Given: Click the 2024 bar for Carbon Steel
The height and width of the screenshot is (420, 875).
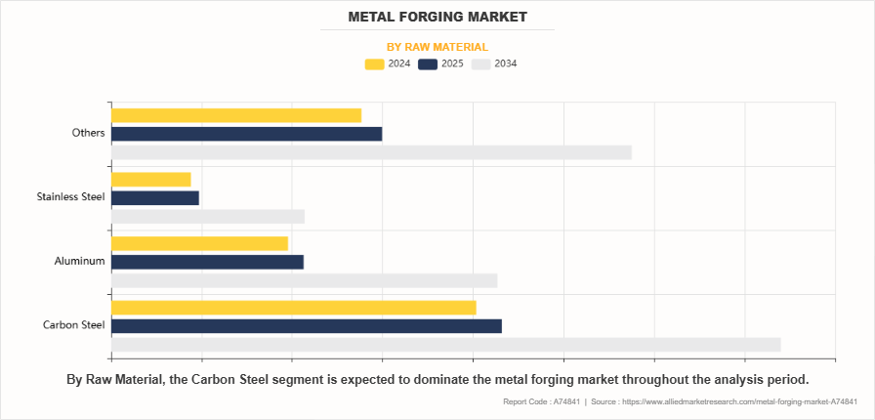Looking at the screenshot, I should (293, 308).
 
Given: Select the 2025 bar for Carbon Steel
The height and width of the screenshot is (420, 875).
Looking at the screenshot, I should (306, 326).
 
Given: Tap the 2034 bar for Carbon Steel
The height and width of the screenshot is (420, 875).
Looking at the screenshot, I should (445, 344).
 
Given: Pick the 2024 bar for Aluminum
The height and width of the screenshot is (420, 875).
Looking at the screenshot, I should (199, 243).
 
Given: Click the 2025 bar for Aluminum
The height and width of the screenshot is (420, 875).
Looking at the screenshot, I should (207, 262).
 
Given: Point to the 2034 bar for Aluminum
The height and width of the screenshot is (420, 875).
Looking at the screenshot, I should (304, 280).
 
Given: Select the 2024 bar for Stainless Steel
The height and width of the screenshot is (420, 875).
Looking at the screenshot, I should (150, 179).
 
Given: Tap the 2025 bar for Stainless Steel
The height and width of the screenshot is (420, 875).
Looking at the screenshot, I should (154, 197).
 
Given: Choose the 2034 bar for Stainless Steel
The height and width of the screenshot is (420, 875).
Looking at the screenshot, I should (208, 216).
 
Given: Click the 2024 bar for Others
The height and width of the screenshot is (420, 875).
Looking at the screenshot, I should (236, 115).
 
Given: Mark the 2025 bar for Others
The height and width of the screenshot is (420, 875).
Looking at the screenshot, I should (246, 134).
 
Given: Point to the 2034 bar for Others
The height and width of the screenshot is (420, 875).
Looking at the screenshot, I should (371, 152).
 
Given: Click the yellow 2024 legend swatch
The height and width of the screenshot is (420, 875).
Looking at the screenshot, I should (374, 64).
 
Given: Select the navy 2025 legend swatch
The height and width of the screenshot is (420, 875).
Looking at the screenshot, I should (428, 64).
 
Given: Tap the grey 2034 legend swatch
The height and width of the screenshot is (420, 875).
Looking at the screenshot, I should (481, 64).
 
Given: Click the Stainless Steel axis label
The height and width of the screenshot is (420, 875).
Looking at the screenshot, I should (70, 197).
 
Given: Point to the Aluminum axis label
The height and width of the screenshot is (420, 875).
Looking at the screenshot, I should (80, 262).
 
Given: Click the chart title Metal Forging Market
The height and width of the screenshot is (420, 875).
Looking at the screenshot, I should (437, 17).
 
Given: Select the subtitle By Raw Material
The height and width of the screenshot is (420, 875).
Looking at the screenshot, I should (437, 46).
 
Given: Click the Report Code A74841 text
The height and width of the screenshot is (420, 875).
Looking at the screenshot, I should (541, 402).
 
